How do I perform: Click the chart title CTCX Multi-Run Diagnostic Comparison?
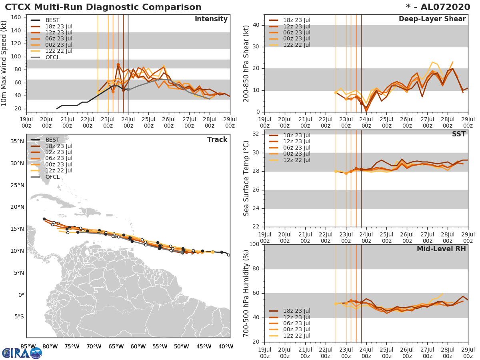103,7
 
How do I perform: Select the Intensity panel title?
211,19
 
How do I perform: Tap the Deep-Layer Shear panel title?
432,19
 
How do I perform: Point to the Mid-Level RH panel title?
441,249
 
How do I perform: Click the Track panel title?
217,140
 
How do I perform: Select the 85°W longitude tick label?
27,346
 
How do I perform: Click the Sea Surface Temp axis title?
246,178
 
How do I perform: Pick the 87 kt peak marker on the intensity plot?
118,64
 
